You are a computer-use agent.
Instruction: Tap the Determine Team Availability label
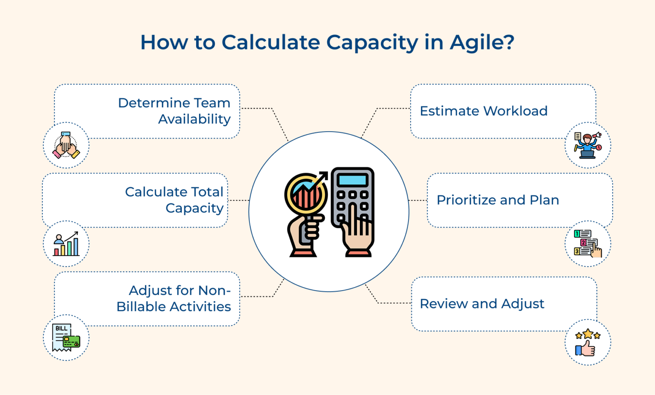(174, 111)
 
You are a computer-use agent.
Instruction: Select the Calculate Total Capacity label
(174, 200)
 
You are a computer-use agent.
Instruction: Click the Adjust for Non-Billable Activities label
(174, 298)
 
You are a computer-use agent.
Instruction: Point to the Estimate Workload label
(484, 111)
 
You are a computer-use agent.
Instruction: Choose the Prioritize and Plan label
(498, 200)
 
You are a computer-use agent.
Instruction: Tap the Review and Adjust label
(482, 303)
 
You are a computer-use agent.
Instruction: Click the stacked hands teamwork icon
(66, 145)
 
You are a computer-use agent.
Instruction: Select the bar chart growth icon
(66, 244)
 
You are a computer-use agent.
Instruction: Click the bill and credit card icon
(66, 338)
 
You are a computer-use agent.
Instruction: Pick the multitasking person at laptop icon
(588, 145)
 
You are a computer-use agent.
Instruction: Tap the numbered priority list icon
(588, 244)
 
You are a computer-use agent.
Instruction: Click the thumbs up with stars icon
(588, 343)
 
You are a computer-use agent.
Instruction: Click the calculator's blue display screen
(352, 180)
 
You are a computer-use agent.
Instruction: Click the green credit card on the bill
(71, 342)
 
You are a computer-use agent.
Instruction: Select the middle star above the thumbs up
(588, 334)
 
